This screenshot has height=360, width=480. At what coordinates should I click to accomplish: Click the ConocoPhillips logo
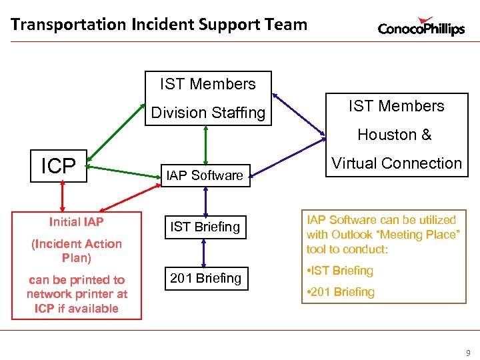pyautogui.click(x=421, y=27)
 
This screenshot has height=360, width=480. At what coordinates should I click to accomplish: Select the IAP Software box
pyautogui.click(x=205, y=175)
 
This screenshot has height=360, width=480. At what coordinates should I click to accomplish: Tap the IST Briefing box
pyautogui.click(x=205, y=227)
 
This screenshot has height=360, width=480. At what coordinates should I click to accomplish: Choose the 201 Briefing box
pyautogui.click(x=205, y=278)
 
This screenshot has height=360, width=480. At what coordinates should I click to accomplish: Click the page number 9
pyautogui.click(x=467, y=353)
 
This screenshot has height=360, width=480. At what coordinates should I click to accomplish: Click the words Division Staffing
pyautogui.click(x=208, y=113)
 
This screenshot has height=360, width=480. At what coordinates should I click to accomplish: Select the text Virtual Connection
pyautogui.click(x=397, y=163)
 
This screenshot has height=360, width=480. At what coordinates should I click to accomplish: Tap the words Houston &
pyautogui.click(x=394, y=135)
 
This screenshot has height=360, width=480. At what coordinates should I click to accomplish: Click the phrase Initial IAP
pyautogui.click(x=76, y=222)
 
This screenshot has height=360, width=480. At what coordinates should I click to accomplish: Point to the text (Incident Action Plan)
pyautogui.click(x=77, y=251)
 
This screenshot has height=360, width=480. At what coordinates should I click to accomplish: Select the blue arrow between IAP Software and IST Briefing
pyautogui.click(x=205, y=200)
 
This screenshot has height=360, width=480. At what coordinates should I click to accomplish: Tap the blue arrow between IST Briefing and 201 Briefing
pyautogui.click(x=205, y=253)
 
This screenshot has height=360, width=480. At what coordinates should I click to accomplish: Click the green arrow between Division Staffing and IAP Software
pyautogui.click(x=206, y=143)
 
